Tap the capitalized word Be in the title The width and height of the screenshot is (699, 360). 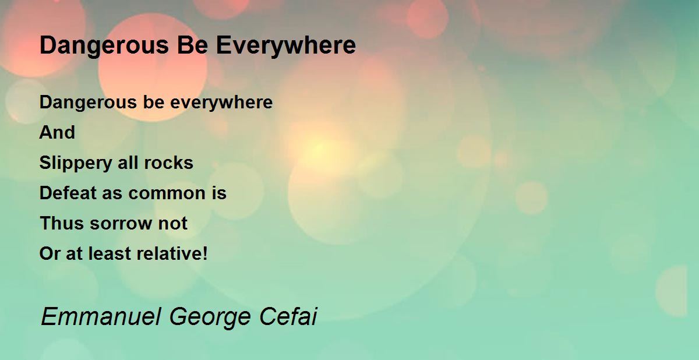coord(193,45)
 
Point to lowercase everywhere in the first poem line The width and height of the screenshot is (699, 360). coord(221,103)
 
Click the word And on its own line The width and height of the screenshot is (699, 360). coord(58,132)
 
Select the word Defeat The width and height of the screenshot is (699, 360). coord(68,193)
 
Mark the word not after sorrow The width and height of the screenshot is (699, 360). coord(173,224)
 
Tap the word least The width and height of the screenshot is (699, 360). coord(110,253)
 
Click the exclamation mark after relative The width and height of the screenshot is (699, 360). coord(204,253)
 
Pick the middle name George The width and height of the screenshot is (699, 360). coord(210,317)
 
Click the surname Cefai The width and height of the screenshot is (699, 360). coord(288,316)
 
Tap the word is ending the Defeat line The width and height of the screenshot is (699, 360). coord(219,193)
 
